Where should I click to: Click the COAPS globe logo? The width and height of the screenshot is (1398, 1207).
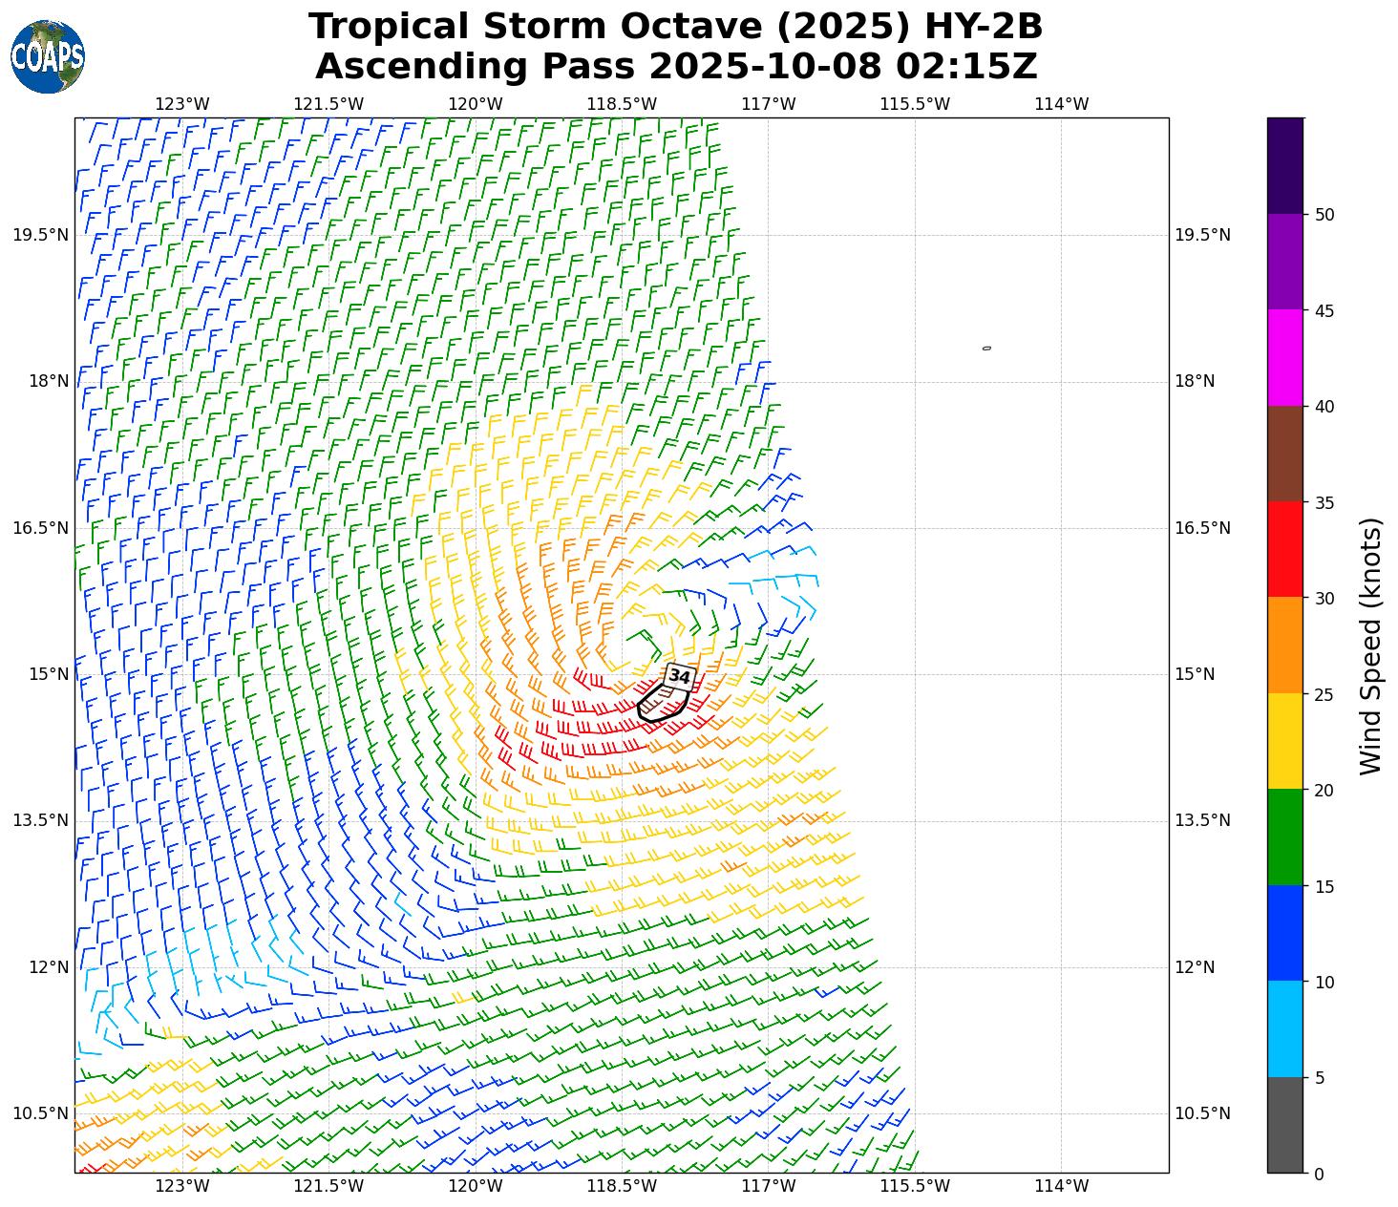coord(47,56)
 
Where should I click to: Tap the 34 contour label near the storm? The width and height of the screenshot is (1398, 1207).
coord(679,676)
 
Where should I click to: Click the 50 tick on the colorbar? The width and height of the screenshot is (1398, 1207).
coord(1324,215)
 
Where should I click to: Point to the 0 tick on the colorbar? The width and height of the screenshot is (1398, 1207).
coord(1319,1174)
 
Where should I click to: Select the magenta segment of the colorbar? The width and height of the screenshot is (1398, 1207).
coord(1285,357)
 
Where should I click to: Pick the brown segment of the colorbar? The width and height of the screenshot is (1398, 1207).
coord(1285,454)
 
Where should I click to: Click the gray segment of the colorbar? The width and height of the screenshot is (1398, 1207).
coord(1285,1125)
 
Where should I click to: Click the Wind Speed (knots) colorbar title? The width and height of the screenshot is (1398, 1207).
coord(1370,646)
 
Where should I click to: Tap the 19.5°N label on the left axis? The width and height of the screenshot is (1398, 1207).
coord(41,236)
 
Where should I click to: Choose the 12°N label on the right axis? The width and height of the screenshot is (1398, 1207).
coord(1195,967)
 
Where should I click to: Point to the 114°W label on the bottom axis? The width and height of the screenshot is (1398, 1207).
coord(1061,1186)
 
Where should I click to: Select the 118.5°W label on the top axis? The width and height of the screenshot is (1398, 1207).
coord(622,104)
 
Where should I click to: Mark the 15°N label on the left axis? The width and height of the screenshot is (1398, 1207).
coord(49,674)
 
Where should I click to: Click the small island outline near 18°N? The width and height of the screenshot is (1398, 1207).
coord(986,349)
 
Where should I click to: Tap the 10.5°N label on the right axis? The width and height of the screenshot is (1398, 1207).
coord(1202,1113)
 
